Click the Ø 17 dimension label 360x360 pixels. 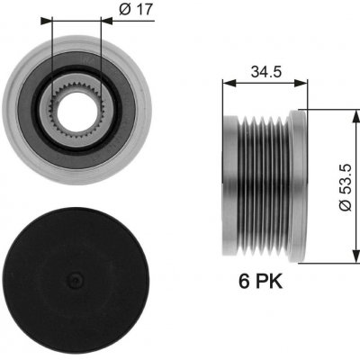[x=136, y=10]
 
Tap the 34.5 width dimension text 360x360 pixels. [x=266, y=72]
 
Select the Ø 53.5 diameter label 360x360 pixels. [x=345, y=187]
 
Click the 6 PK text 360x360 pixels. [x=260, y=282]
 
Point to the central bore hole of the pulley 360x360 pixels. [x=76, y=112]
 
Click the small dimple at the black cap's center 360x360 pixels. [x=76, y=281]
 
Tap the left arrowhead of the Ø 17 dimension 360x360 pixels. [x=46, y=21]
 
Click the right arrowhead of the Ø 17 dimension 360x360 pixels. [x=107, y=21]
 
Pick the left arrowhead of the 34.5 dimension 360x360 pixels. [x=229, y=84]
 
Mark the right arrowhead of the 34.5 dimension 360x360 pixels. [x=301, y=84]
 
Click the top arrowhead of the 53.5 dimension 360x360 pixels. [x=356, y=116]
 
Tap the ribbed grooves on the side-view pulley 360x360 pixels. [x=264, y=186]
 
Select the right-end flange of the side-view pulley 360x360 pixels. [x=298, y=186]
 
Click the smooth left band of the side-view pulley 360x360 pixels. [x=230, y=186]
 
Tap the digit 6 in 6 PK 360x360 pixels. [x=244, y=282]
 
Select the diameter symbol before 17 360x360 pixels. [x=125, y=10]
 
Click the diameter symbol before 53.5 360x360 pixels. [x=345, y=205]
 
